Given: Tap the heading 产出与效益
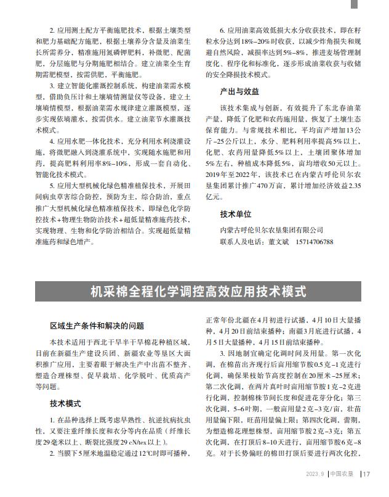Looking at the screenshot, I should coord(239,91).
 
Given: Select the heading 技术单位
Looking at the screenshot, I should coord(236,215).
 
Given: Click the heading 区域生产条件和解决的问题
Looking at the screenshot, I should coord(97,326).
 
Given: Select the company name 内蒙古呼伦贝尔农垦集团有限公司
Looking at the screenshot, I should coord(271,229).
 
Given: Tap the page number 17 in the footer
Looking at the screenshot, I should coord(367,474).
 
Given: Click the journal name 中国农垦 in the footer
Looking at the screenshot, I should coord(342,474).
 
